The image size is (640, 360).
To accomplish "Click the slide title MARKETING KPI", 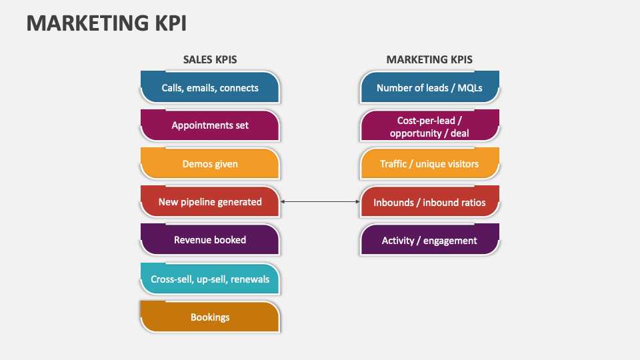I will [x=107, y=23].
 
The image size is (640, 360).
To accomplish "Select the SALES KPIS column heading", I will [x=210, y=59].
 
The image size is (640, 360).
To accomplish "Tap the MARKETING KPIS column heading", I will [x=429, y=59].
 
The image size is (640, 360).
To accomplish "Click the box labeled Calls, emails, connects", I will [x=210, y=87].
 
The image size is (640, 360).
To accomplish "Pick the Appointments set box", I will [x=210, y=125].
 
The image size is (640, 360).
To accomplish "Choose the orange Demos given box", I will [x=210, y=163].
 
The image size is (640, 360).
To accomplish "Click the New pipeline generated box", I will [x=210, y=201].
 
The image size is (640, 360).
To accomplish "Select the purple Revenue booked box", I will [x=210, y=240].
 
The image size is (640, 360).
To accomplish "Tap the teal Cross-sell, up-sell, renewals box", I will [x=210, y=279].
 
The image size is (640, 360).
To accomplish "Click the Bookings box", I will [x=210, y=317].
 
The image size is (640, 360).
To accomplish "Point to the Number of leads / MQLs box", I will [x=429, y=87].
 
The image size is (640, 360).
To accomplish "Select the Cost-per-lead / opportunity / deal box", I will [x=429, y=126].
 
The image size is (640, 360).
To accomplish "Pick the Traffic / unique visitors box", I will [x=429, y=164].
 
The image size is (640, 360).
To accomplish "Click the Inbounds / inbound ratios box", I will [x=429, y=202].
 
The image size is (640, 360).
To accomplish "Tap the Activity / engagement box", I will [x=429, y=240].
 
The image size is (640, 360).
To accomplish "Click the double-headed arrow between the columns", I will [x=320, y=201].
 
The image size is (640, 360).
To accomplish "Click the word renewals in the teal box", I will [x=249, y=279].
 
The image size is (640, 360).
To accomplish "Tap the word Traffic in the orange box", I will [x=395, y=164].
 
